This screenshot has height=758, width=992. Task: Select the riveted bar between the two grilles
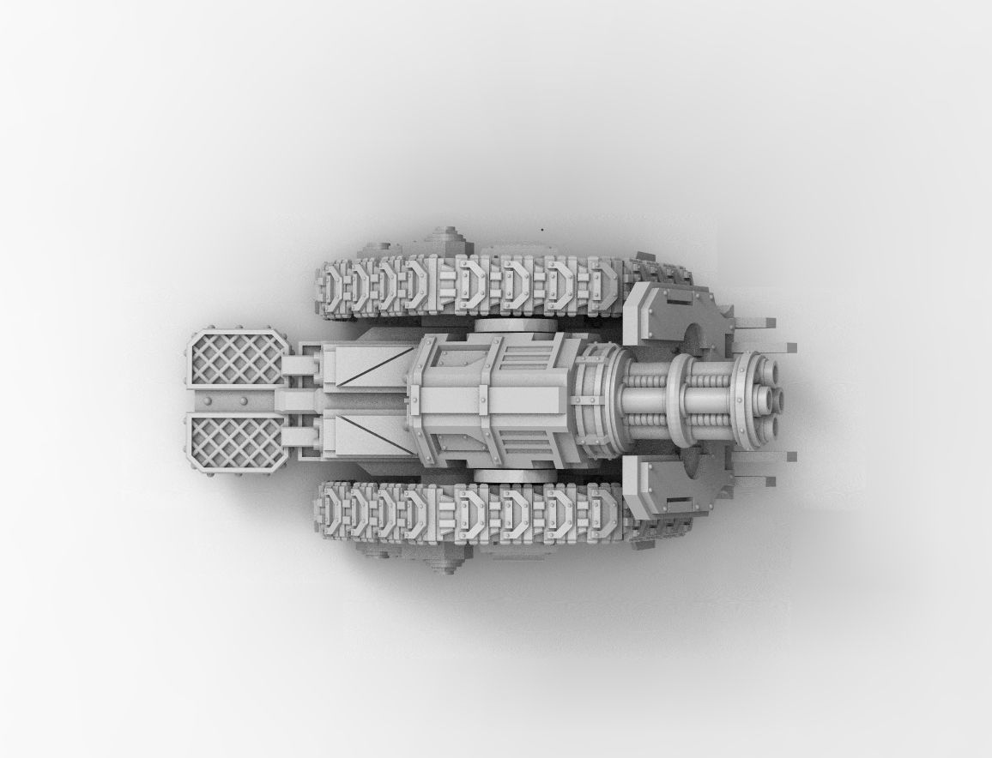coord(233,401)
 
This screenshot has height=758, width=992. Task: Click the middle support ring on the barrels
coord(680,400)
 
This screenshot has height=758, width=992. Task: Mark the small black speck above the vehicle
coord(541,229)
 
